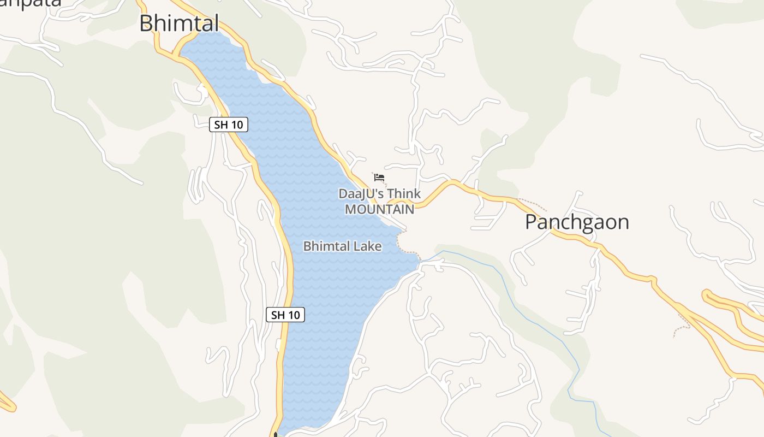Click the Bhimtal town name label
coord(179,23)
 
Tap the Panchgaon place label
coord(577,222)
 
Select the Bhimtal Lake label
coord(342,246)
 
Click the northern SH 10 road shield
coord(229,125)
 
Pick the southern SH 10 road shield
coord(285,315)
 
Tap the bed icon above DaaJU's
coord(379,178)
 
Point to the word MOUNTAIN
coord(379,209)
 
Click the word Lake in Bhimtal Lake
coord(367,246)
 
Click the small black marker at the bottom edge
coord(276,434)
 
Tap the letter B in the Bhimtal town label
coord(146,23)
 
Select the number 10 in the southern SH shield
coord(294,315)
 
